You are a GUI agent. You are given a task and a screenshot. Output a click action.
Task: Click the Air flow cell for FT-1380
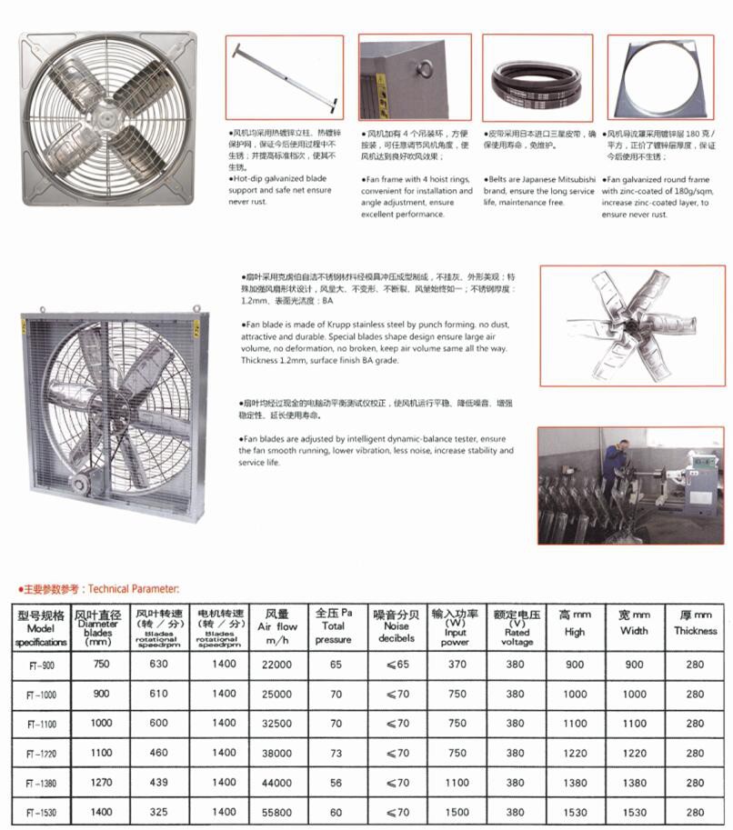(x=277, y=783)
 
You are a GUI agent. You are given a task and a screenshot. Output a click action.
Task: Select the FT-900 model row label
(x=41, y=665)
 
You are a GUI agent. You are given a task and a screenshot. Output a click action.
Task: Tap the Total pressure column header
(x=334, y=625)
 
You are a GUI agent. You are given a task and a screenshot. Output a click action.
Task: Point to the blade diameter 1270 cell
(x=101, y=782)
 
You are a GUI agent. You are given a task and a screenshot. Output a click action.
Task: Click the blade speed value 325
(x=160, y=811)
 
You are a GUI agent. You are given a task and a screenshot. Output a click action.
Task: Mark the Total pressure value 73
(x=336, y=753)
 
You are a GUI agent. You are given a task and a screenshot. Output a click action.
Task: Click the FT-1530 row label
(x=41, y=812)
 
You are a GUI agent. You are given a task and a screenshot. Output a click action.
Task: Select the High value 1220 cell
(x=574, y=753)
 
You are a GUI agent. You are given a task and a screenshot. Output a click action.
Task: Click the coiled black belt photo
(x=537, y=83)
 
